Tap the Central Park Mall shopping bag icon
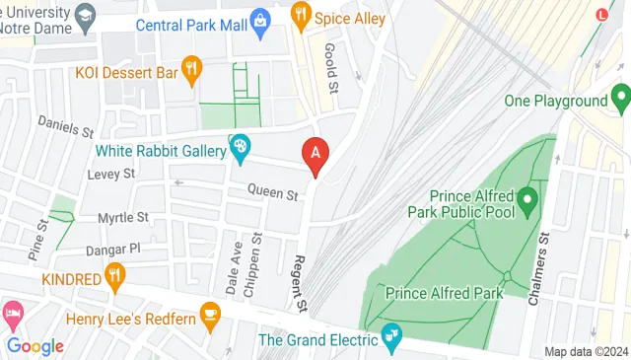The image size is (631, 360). [259, 20]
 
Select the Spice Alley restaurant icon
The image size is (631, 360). [301, 15]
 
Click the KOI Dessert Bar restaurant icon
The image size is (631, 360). [192, 69]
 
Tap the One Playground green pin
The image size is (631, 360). [620, 98]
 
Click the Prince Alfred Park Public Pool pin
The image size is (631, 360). [526, 203]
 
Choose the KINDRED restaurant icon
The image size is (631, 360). [116, 277]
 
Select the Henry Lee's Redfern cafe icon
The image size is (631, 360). [209, 316]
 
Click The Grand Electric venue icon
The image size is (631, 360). [392, 338]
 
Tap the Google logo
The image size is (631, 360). [35, 345]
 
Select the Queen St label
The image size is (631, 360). [272, 194]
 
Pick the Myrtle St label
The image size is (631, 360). [122, 216]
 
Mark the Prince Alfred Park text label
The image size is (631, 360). [445, 293]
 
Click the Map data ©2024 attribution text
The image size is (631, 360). [586, 351]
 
